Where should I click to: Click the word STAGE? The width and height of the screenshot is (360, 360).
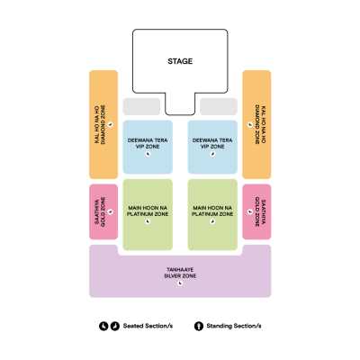(x=180, y=61)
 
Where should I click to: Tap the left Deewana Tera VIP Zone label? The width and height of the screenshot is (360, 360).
(x=148, y=143)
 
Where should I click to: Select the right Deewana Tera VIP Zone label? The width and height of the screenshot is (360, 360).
(x=212, y=143)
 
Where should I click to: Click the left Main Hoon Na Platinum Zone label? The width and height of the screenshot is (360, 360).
(x=148, y=211)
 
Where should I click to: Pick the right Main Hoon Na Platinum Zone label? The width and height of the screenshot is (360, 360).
(x=212, y=211)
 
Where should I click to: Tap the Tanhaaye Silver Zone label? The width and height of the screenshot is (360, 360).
(x=180, y=273)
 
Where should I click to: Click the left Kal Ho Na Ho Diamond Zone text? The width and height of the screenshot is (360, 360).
(x=100, y=124)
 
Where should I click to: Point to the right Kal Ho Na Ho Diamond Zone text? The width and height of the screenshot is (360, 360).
(x=260, y=124)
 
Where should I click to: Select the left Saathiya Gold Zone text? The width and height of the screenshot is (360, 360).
(x=100, y=211)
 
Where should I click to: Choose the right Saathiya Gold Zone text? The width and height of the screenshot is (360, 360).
(x=260, y=211)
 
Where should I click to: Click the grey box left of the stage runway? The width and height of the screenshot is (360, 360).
(x=141, y=106)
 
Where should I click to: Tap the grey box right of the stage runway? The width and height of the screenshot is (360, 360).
(x=219, y=106)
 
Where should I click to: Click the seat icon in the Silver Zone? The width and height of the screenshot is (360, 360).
(x=180, y=283)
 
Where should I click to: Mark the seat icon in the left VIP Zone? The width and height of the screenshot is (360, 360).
(x=148, y=154)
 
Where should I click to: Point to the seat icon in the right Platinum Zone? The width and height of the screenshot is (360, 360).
(x=212, y=221)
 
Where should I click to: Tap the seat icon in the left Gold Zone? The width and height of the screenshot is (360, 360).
(x=111, y=211)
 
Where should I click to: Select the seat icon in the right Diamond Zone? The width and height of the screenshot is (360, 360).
(x=250, y=124)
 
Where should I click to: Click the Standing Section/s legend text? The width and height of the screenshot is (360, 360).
(x=234, y=326)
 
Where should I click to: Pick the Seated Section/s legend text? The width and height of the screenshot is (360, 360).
(x=148, y=326)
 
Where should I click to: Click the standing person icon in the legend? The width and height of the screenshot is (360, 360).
(x=199, y=326)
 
